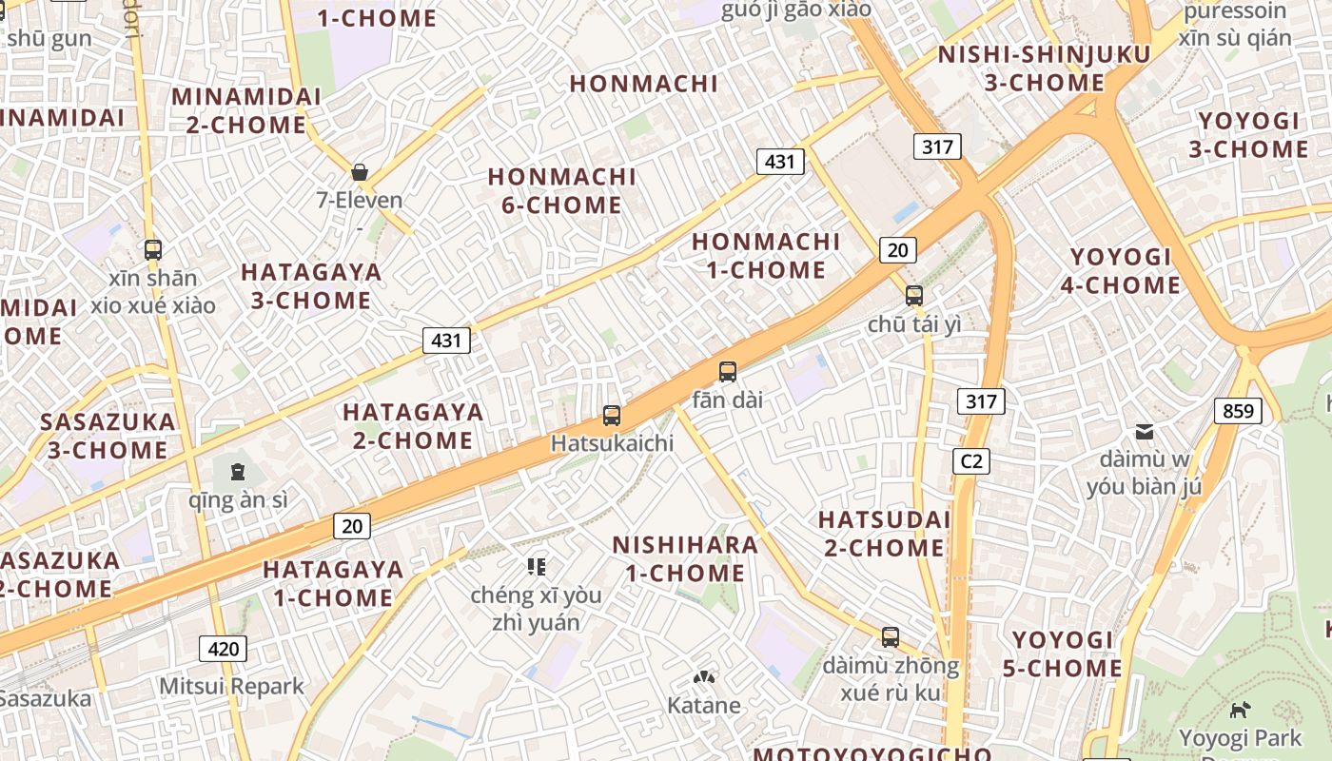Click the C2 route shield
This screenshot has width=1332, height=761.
970,461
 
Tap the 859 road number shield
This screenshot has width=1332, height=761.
1238,411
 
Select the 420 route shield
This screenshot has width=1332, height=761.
224,649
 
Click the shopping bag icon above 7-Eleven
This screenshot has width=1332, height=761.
360,172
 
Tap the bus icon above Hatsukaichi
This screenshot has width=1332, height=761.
612,416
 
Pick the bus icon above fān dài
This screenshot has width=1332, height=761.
728,372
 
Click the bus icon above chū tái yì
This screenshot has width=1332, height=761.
914,296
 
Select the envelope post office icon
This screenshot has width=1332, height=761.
1145,432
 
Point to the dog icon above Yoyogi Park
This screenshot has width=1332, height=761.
1240,709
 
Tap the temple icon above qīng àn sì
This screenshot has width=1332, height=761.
237,471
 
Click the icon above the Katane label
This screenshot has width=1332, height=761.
704,678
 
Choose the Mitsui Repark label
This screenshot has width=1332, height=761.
231,686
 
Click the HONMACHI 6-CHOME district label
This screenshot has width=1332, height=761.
561,191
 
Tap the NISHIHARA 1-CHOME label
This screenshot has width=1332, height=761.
685,558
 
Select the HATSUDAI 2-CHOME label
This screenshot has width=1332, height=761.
884,534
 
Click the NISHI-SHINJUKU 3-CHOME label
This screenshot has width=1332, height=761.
1044,68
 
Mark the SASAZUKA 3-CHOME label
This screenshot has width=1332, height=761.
108,436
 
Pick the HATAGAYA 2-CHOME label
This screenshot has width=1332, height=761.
413,426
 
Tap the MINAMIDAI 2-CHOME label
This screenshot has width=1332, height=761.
245,110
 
